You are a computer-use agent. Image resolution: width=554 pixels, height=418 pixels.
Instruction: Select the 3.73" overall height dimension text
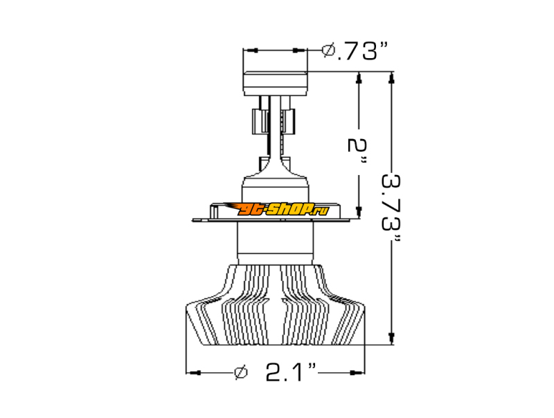[391, 207]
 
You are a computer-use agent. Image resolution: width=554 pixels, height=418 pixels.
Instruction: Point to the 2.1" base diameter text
[291, 372]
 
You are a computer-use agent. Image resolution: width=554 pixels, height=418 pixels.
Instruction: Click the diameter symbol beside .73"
[328, 51]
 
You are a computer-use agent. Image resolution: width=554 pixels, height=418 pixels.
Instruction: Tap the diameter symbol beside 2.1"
[241, 372]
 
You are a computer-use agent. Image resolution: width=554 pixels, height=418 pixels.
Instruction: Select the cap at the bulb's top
[275, 83]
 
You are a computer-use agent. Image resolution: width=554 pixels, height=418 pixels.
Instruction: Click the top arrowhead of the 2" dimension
[359, 79]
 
